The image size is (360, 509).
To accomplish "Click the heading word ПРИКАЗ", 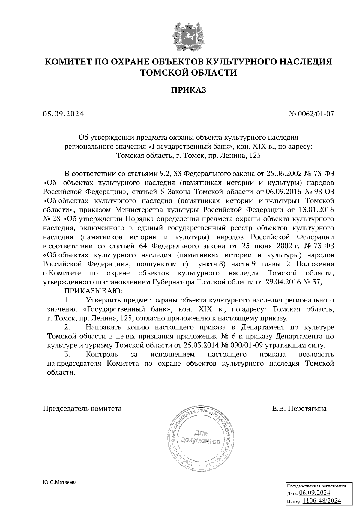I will [x=189, y=90].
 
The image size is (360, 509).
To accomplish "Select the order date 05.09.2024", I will [x=63, y=114].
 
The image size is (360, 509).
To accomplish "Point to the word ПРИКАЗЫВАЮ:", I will [x=92, y=291].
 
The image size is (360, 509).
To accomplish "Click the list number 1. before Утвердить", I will [x=67, y=300].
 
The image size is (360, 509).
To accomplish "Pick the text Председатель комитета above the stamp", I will [x=82, y=409].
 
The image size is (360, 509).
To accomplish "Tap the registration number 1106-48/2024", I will [x=322, y=501].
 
